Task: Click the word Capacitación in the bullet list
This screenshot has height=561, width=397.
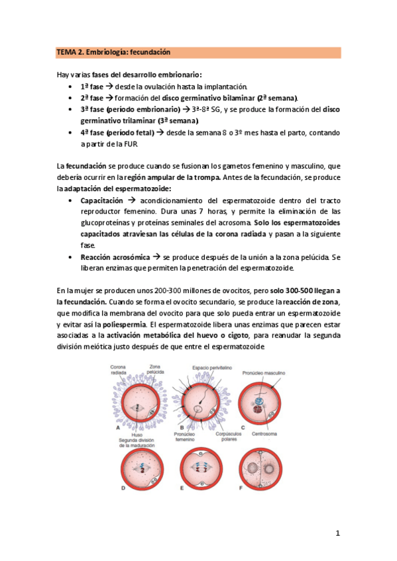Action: pyautogui.click(x=101, y=200)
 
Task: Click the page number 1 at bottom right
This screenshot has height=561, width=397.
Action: pyautogui.click(x=337, y=533)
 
